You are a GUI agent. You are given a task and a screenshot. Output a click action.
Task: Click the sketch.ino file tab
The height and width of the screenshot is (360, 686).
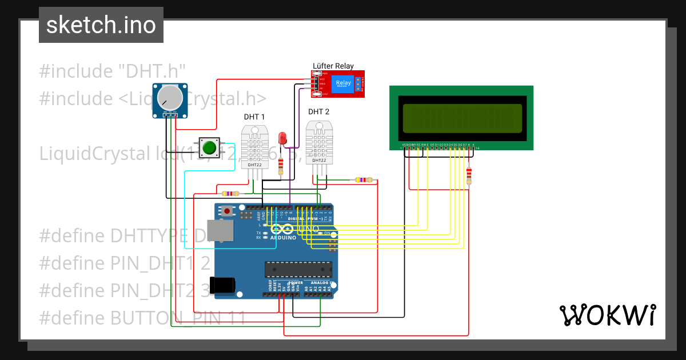click(101, 25)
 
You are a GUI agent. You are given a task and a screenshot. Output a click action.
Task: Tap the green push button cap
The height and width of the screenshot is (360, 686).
click(209, 147)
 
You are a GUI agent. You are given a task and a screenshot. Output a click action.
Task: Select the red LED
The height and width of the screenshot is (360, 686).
click(282, 138)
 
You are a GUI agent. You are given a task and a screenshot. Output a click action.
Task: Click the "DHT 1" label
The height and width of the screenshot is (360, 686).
click(254, 117)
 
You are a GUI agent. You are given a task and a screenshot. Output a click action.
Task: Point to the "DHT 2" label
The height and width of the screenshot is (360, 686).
click(318, 111)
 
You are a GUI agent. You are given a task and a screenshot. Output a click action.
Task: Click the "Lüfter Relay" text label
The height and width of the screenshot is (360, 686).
click(333, 66)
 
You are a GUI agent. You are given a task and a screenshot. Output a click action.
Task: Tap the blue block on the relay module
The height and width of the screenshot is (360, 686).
click(343, 83)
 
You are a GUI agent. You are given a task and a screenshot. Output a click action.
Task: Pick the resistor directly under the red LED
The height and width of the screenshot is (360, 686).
click(280, 166)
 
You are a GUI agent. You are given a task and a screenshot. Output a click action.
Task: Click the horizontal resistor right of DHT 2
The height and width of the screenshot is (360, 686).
click(362, 180)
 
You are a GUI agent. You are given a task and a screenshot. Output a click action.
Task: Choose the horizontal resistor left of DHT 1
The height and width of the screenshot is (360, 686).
click(230, 194)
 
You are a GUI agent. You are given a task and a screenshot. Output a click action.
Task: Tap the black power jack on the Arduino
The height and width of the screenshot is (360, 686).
click(222, 285)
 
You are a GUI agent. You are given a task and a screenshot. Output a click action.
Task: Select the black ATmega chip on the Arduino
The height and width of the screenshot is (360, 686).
click(298, 270)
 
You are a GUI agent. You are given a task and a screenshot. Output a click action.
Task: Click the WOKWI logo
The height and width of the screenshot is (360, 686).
click(607, 315)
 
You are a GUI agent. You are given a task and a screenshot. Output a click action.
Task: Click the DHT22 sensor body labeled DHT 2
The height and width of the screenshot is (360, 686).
click(318, 143)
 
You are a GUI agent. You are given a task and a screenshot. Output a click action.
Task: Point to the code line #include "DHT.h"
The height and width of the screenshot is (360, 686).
click(113, 71)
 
